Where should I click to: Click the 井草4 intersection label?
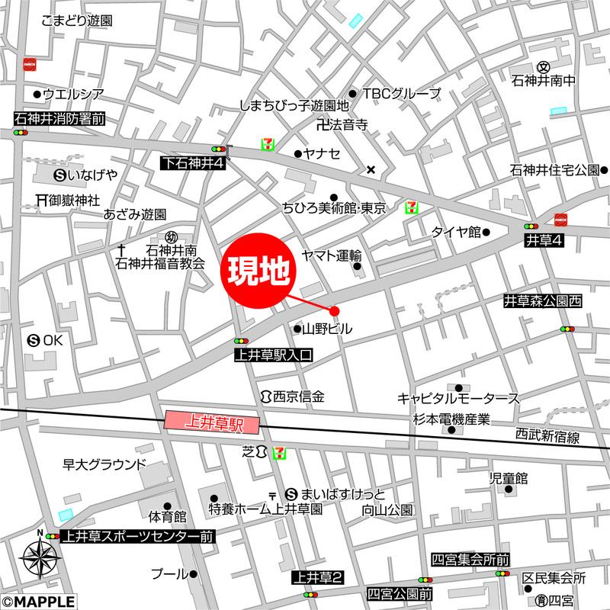point(544,241)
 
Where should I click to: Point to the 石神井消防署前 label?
point(59,118)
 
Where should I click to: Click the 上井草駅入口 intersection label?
point(273,355)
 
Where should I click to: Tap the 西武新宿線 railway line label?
point(547,437)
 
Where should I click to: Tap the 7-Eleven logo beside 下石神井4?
point(268,144)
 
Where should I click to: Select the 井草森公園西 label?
point(543,302)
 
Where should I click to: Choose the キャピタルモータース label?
point(458,398)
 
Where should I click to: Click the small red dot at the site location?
point(334,310)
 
